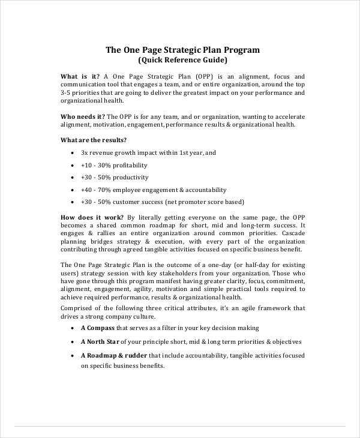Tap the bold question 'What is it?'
81,77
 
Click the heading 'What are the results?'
94,140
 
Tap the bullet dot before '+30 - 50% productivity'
72,178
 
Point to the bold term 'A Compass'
97,328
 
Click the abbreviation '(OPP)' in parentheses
205,77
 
